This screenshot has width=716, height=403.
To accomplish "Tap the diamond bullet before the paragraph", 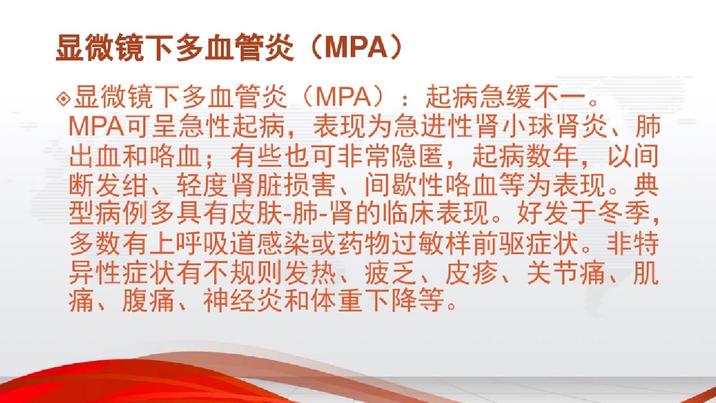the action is pos(64,99).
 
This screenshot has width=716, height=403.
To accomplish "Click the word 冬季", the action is pos(624,214).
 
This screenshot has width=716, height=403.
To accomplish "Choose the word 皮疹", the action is pos(472,273).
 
